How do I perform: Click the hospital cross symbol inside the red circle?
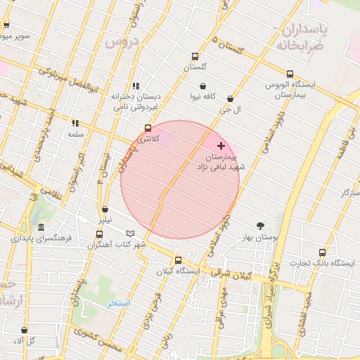221,146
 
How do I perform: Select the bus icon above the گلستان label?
195,56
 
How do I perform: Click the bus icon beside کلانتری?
148,129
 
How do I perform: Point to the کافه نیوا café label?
202,96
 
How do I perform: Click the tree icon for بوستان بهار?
261,226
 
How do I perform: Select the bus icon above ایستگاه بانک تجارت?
322,252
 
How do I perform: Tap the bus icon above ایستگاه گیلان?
177,259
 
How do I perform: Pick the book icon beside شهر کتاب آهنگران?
129,233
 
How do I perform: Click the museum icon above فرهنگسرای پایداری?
41,228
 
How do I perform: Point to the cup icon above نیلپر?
105,209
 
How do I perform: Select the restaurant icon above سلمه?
75,122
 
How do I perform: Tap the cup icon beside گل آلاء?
24,330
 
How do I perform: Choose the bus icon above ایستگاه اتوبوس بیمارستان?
290,74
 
